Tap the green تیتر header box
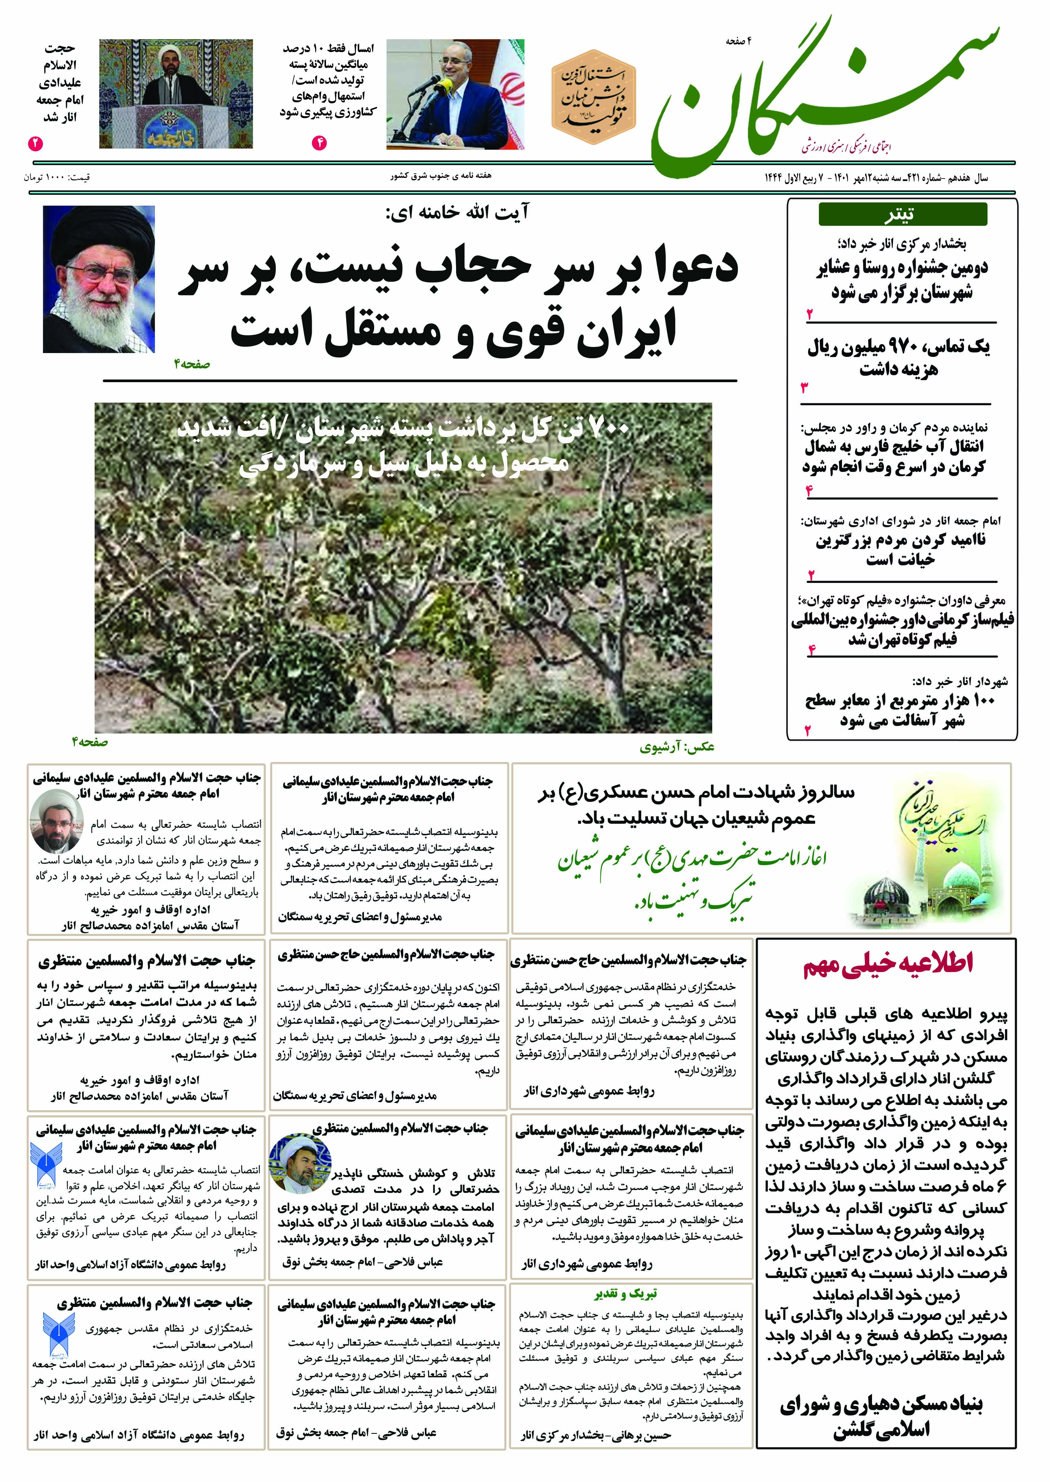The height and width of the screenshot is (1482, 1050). (903, 214)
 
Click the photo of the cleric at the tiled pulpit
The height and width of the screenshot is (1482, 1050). (176, 94)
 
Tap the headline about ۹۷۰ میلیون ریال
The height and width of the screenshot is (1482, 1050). (898, 357)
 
